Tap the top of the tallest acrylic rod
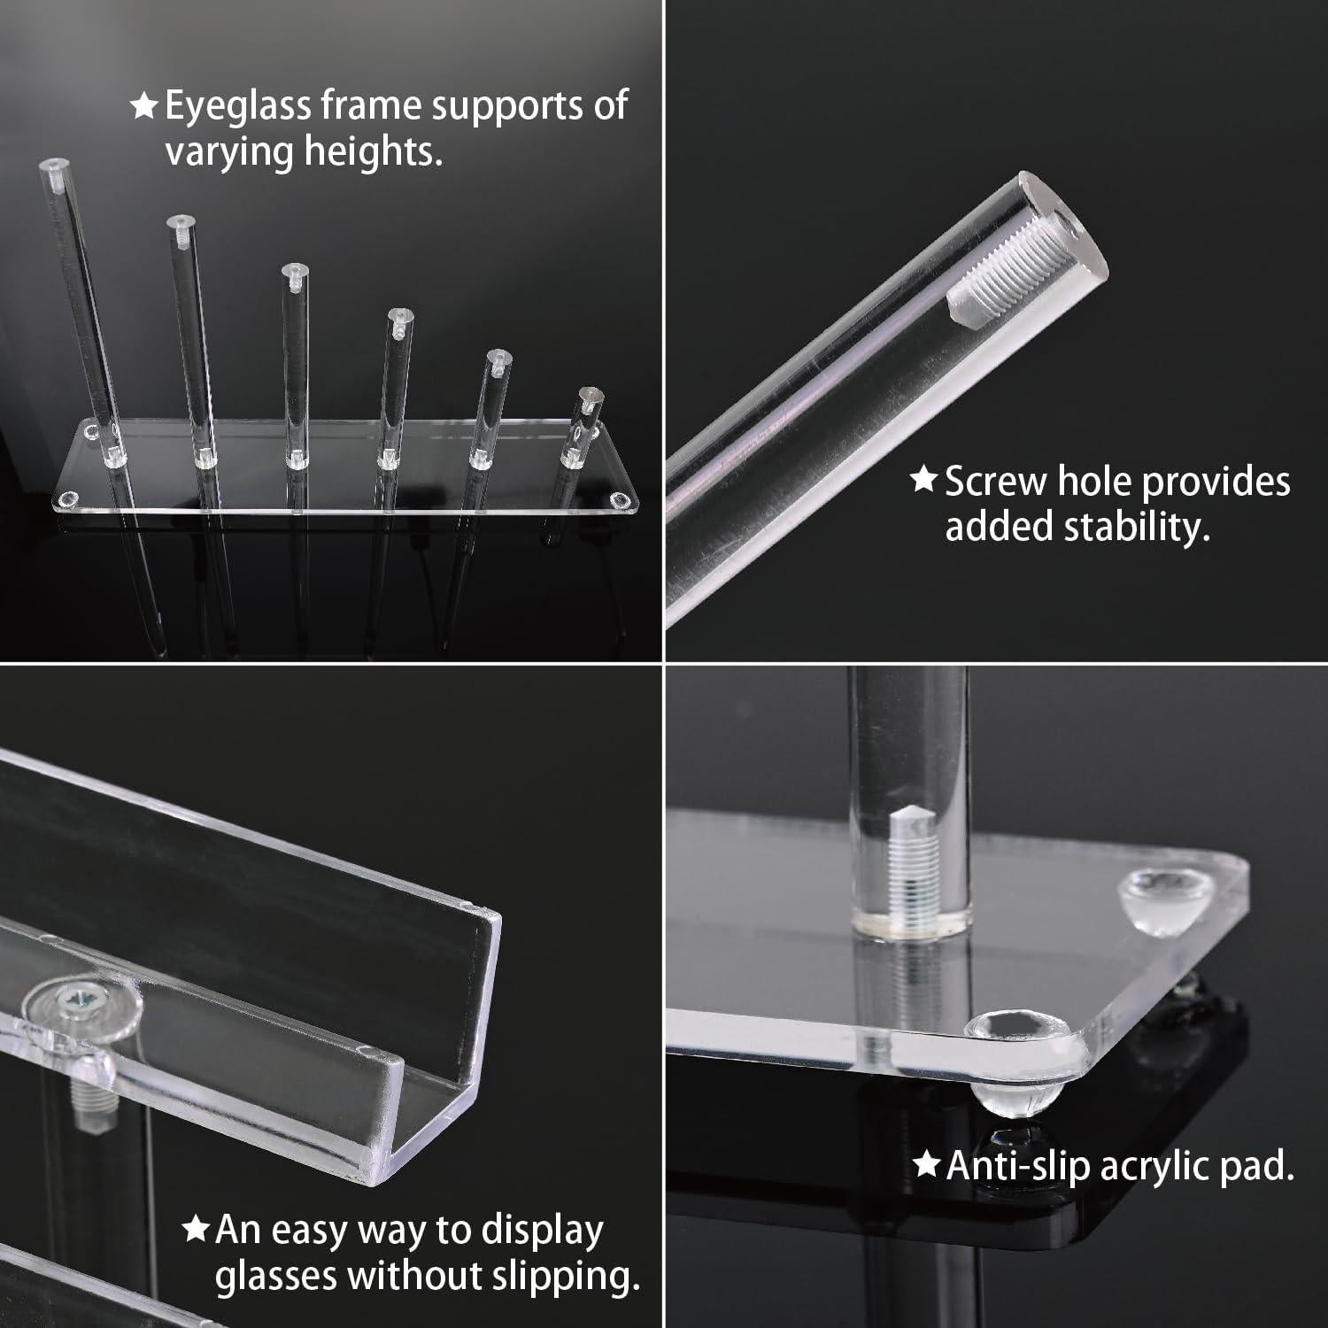[x=55, y=166]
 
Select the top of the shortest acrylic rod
[x=588, y=393]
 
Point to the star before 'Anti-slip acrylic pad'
[x=926, y=1165]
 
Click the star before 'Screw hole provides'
[x=923, y=481]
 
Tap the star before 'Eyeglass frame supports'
[x=143, y=106]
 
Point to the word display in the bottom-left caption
[x=542, y=1231]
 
